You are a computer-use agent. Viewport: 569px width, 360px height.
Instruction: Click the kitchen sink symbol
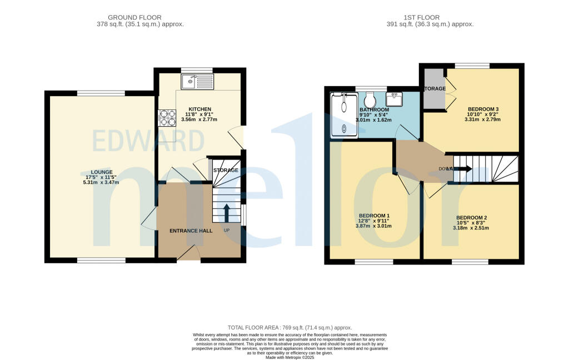click(x=197, y=82)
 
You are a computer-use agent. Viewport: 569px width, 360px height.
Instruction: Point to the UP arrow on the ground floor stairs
click(x=227, y=213)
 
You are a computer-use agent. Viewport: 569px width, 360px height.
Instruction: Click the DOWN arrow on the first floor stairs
click(x=462, y=169)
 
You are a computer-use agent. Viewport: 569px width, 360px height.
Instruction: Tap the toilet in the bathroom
click(x=371, y=101)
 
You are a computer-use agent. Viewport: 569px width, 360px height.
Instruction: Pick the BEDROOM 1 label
click(x=374, y=216)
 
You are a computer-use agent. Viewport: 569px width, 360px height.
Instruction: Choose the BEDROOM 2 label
click(x=471, y=218)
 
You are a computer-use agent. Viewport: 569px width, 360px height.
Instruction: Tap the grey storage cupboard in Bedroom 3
click(x=435, y=89)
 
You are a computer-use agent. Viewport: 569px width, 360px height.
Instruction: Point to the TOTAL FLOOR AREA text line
click(x=290, y=328)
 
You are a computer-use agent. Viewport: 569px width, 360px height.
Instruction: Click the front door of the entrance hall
click(x=189, y=254)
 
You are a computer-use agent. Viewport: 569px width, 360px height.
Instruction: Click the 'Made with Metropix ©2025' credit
click(x=290, y=358)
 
